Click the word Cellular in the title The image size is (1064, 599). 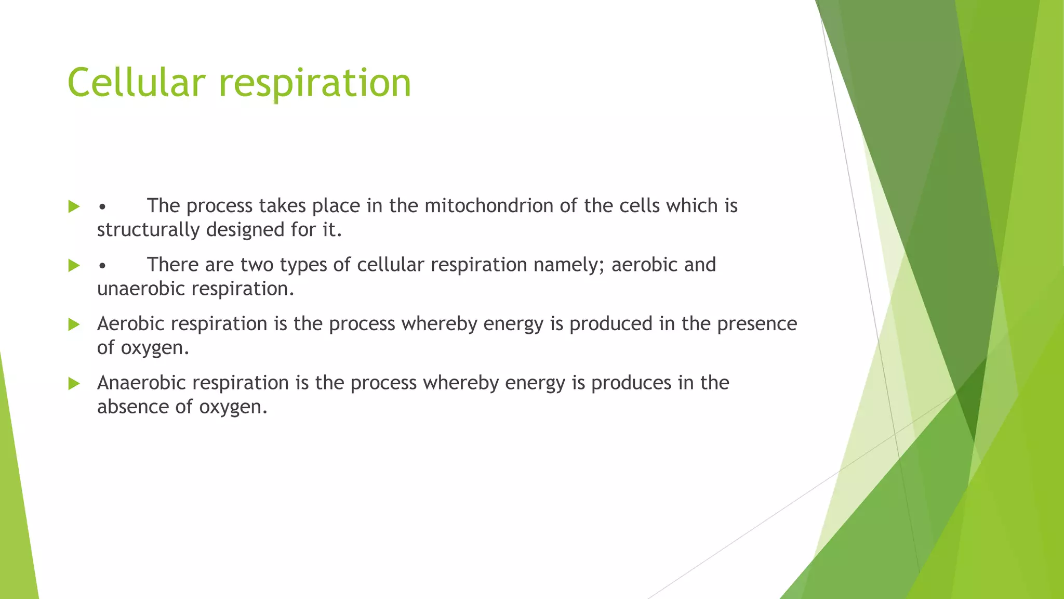click(x=137, y=83)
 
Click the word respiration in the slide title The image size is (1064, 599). click(x=315, y=83)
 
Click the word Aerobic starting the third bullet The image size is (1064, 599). click(x=130, y=324)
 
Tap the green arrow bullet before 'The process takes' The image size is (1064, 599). click(x=74, y=206)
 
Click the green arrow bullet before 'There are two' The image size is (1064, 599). click(x=74, y=266)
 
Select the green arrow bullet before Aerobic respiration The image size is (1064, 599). click(x=74, y=324)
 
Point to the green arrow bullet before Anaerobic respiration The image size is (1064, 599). click(x=74, y=384)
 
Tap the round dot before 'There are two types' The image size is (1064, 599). click(x=102, y=266)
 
